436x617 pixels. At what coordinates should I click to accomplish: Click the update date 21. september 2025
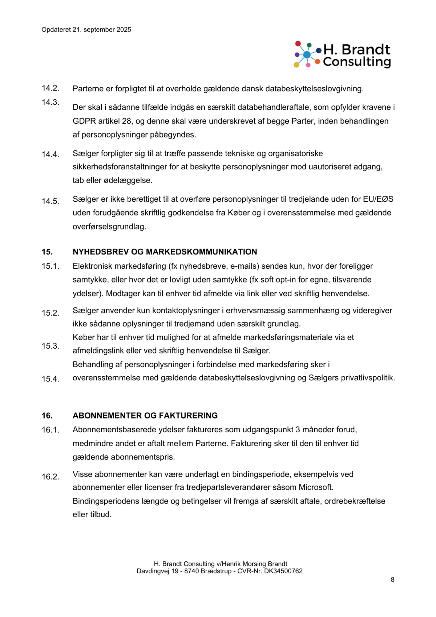102,30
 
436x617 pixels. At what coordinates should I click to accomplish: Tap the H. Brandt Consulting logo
342,55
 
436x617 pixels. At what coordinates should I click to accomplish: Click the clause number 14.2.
50,88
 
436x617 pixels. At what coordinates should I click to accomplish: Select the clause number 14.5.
50,201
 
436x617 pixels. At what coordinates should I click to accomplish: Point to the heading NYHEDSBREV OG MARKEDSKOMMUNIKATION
165,252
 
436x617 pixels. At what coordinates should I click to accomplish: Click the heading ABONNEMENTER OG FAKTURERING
145,416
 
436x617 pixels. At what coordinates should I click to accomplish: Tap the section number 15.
47,252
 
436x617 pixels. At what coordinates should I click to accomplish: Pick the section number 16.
47,416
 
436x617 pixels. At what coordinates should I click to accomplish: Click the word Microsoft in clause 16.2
315,487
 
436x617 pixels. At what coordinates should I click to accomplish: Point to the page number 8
392,580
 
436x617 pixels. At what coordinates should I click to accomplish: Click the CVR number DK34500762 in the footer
283,571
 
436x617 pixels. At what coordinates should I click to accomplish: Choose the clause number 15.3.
50,346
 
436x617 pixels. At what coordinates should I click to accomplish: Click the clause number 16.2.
50,477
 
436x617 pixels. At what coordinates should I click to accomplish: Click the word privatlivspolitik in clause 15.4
369,378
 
